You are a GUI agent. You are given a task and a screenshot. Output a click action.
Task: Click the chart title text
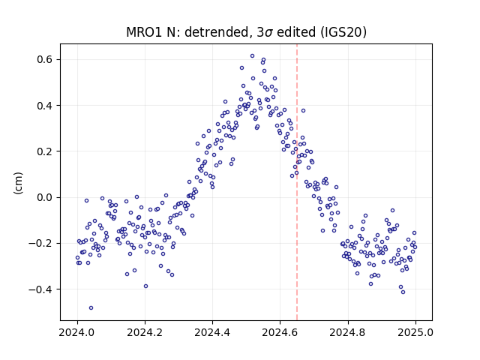(x=246, y=32)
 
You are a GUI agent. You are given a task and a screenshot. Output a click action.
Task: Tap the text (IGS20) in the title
(x=343, y=32)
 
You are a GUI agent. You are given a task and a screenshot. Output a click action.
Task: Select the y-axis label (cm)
(x=18, y=183)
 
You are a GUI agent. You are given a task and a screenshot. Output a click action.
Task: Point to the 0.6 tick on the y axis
(x=45, y=59)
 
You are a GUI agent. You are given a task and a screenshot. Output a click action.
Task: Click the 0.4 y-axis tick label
(x=45, y=106)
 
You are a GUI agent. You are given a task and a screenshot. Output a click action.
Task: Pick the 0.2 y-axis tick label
(x=45, y=151)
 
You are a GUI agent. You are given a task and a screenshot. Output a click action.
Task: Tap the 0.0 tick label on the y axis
(x=45, y=197)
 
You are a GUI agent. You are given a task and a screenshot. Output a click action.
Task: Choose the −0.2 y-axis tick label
(x=40, y=243)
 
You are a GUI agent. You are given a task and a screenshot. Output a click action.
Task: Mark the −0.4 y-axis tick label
(x=40, y=289)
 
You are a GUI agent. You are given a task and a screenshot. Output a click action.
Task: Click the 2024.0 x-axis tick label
(x=77, y=332)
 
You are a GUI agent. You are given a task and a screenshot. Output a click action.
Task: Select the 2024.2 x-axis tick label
(x=145, y=332)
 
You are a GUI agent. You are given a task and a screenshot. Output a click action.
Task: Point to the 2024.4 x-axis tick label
(x=212, y=332)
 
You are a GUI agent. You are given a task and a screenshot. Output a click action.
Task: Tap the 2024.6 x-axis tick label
(x=280, y=332)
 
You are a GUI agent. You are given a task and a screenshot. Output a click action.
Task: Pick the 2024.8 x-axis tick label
(x=348, y=332)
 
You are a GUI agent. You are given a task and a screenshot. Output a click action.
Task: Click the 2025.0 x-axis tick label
(x=415, y=332)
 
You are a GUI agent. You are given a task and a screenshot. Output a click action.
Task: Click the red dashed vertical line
(x=297, y=182)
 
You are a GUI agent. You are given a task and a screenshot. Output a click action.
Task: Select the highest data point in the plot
(x=252, y=56)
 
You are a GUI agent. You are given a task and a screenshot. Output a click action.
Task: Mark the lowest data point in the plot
(x=91, y=308)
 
